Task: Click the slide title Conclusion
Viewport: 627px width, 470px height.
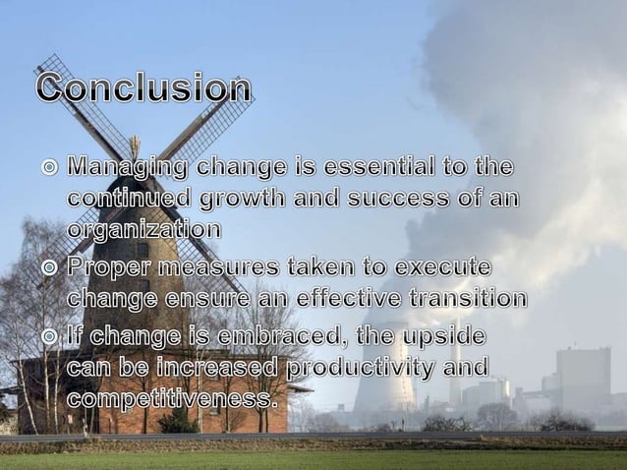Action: click(143, 88)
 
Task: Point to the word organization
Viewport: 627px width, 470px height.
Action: click(143, 229)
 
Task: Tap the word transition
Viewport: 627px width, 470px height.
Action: click(467, 297)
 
